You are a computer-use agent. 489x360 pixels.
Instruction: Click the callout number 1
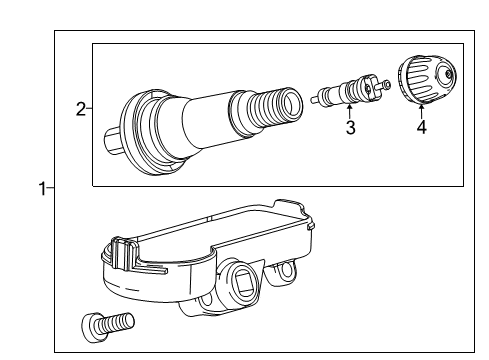42,189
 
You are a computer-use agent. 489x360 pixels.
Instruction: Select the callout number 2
81,109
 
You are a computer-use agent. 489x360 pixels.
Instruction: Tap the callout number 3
350,127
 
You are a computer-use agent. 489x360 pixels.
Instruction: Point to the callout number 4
422,127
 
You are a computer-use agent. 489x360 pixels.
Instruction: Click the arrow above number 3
349,111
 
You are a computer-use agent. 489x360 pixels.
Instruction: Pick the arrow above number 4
421,111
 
